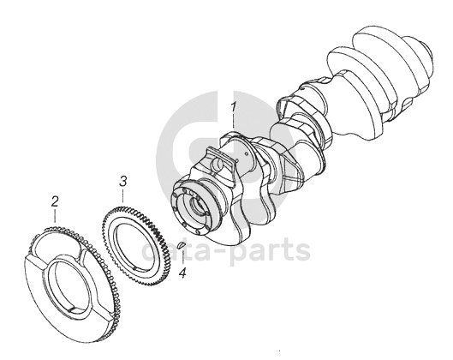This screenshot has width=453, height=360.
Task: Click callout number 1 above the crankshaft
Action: pyautogui.click(x=234, y=106)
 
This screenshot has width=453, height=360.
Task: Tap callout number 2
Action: pyautogui.click(x=55, y=201)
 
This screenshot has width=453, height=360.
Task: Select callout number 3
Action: pyautogui.click(x=123, y=181)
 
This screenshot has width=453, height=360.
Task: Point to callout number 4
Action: pyautogui.click(x=182, y=273)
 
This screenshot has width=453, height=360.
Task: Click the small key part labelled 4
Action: pyautogui.click(x=181, y=245)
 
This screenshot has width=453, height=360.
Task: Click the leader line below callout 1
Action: pyautogui.click(x=234, y=123)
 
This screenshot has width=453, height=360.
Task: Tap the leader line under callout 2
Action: pyautogui.click(x=55, y=216)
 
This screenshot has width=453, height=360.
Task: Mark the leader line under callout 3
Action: pyautogui.click(x=123, y=195)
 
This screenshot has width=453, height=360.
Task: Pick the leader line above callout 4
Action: pyautogui.click(x=182, y=258)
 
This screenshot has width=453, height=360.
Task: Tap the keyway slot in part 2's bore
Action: pyautogui.click(x=74, y=309)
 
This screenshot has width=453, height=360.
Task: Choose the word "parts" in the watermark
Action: pyautogui.click(x=271, y=250)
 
